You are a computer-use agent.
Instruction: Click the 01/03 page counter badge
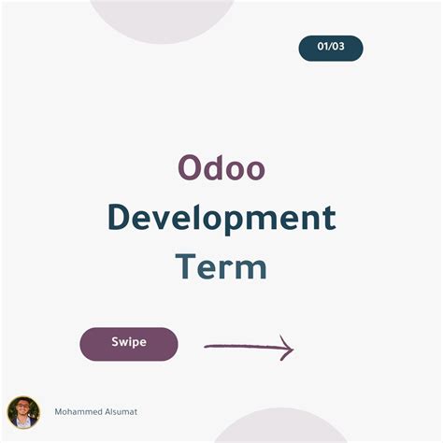coord(331,48)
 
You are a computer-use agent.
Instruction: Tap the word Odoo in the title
coord(221,167)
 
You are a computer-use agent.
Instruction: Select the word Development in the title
coord(221,218)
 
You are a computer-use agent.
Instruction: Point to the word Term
coord(221,266)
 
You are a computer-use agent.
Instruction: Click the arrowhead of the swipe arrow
coord(289,350)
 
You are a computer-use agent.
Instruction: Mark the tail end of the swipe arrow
coord(207,348)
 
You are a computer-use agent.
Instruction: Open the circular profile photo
coord(23,412)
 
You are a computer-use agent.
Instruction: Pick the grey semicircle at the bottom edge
coord(268,428)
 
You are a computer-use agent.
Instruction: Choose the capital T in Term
coord(185,266)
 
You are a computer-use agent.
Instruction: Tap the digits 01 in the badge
coord(323,48)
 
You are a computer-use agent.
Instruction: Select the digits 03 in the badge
coord(339,48)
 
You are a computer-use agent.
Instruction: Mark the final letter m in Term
coord(251,269)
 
